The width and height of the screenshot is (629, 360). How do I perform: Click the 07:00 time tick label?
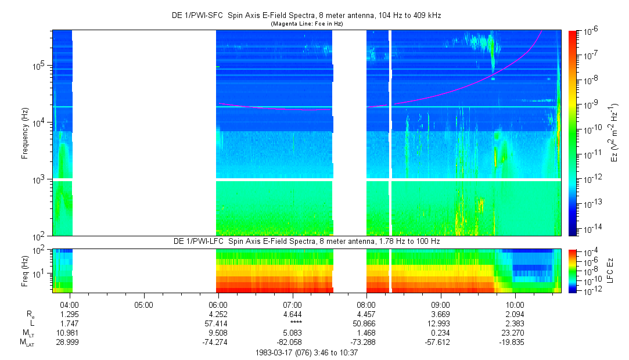(292, 304)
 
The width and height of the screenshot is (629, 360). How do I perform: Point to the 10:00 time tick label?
(515, 304)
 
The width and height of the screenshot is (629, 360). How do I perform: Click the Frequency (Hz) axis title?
(25, 133)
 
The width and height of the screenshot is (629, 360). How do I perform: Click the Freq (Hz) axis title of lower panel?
(25, 270)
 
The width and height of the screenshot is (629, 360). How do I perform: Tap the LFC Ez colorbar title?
(614, 270)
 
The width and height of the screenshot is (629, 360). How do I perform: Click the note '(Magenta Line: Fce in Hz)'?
(307, 24)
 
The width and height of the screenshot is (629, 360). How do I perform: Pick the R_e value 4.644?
(292, 314)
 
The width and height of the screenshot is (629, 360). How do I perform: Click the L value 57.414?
(218, 323)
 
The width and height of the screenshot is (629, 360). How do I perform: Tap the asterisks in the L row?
(292, 323)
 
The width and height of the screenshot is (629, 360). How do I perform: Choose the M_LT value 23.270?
(515, 333)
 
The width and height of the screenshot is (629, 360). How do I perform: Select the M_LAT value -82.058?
(292, 343)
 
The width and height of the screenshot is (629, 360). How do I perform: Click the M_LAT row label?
(27, 343)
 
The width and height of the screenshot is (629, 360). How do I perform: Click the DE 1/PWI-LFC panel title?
(307, 241)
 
